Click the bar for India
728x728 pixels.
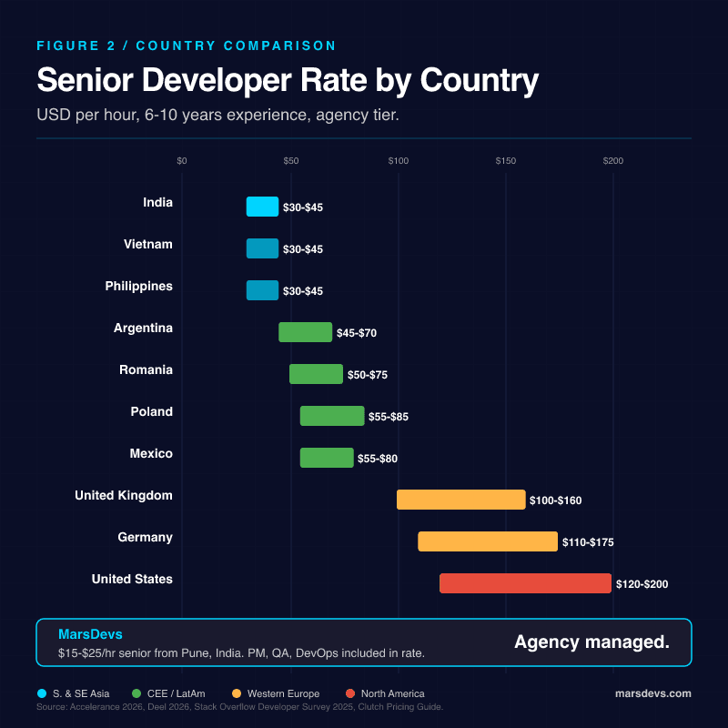point(262,207)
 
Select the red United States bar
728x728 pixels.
point(525,583)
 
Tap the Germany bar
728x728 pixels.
point(488,541)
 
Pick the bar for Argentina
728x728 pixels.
point(305,332)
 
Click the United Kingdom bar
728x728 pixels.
point(461,500)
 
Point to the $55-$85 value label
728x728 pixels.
point(389,417)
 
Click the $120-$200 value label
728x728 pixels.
point(642,584)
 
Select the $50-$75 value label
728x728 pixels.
point(367,375)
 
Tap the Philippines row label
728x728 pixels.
point(138,286)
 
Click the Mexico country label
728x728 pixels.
point(151,453)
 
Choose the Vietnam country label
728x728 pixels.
point(147,244)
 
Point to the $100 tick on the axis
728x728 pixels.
point(398,161)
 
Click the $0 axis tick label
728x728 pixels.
point(182,161)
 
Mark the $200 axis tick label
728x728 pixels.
point(613,161)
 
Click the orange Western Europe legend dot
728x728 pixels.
point(237,693)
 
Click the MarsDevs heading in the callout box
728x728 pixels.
point(90,633)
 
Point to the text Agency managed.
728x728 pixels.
point(591,642)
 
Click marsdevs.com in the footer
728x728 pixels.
point(653,693)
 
